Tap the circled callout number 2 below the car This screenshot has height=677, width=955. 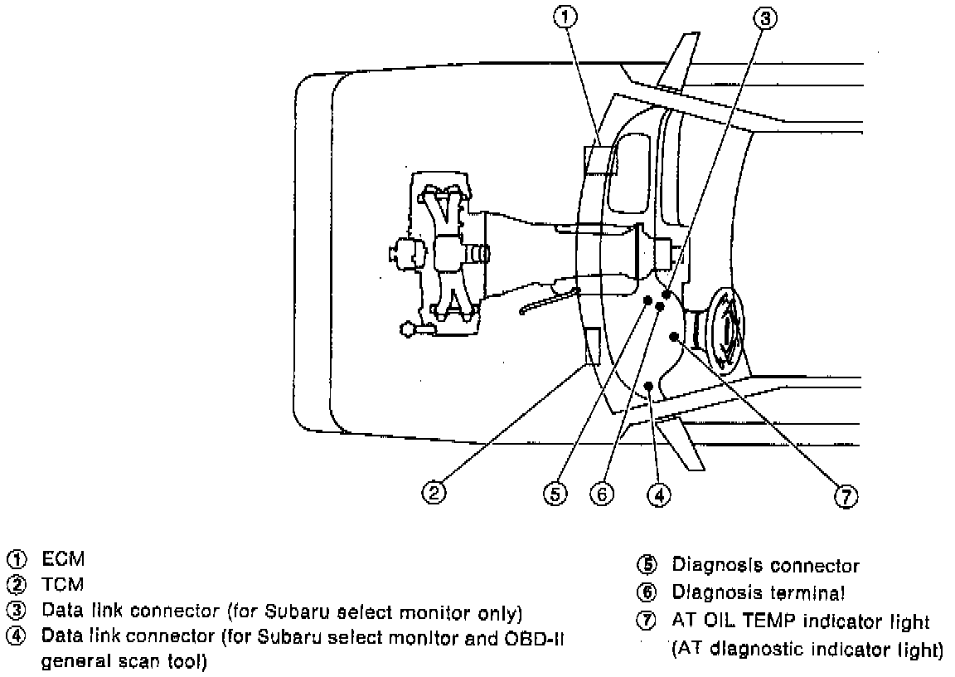(x=434, y=493)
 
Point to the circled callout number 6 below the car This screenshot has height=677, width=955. (x=602, y=494)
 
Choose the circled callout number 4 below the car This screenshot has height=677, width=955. (x=659, y=494)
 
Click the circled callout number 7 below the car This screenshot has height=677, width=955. (x=845, y=495)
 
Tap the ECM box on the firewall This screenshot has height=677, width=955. (x=601, y=159)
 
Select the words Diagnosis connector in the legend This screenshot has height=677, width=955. (x=765, y=566)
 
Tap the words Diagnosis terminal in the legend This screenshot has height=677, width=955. (x=759, y=592)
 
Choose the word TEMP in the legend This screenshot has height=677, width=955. (x=776, y=621)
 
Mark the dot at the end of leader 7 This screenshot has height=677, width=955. (x=676, y=337)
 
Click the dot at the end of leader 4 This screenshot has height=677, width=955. (x=649, y=386)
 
